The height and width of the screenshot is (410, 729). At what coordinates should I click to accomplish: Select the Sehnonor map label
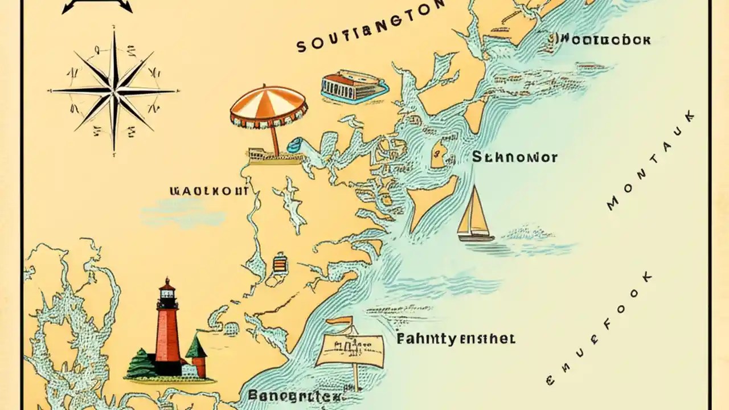tap(515, 157)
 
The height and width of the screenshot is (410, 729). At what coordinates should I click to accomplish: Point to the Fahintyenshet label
tap(456, 339)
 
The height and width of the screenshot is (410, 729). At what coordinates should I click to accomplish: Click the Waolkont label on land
tap(209, 191)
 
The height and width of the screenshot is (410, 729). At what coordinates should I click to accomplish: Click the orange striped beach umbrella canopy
tap(269, 104)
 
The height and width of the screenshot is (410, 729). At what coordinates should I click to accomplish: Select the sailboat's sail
tap(474, 211)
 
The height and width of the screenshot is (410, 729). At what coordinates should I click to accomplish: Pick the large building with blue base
tap(353, 87)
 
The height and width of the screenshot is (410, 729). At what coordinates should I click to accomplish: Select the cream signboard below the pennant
tap(350, 349)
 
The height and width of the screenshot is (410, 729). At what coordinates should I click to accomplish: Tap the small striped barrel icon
tap(279, 264)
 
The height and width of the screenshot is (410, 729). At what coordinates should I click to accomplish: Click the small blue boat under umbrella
tap(296, 146)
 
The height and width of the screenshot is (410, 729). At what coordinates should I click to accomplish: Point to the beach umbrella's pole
tap(275, 140)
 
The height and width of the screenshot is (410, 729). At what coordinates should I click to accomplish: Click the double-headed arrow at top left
tap(97, 6)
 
